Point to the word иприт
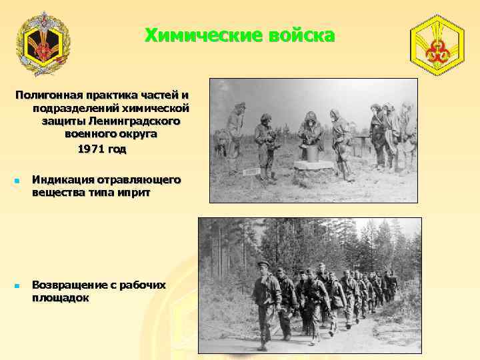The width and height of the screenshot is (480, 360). point(135,193)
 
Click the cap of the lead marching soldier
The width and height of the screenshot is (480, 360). point(263,264)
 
